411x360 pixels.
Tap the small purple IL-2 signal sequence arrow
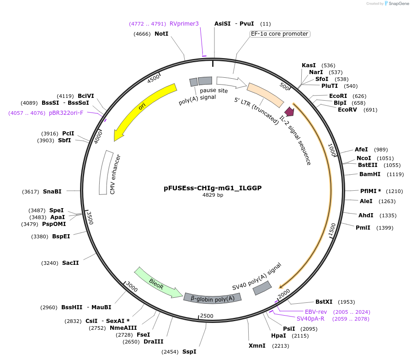pyautogui.click(x=289, y=111)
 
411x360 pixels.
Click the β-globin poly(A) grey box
pyautogui.click(x=213, y=298)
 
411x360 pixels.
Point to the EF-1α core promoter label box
pyautogui.click(x=280, y=34)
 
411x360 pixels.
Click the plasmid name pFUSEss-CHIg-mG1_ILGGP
pyautogui.click(x=213, y=188)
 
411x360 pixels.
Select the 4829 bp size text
pyautogui.click(x=213, y=195)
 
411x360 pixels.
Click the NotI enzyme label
pyautogui.click(x=161, y=34)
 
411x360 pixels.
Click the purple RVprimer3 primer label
pyautogui.click(x=184, y=24)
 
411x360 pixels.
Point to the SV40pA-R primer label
pyautogui.click(x=310, y=318)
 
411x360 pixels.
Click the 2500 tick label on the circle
pyautogui.click(x=207, y=316)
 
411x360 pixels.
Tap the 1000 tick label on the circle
pyautogui.click(x=332, y=149)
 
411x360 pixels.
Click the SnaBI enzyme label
pyautogui.click(x=52, y=192)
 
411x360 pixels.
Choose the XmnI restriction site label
pyautogui.click(x=257, y=346)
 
